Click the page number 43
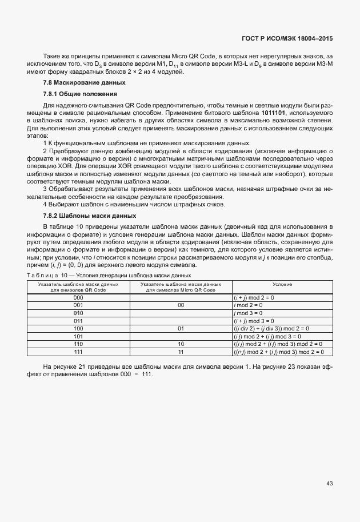coord(330,483)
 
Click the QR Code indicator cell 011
coord(78,321)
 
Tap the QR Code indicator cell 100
coord(78,329)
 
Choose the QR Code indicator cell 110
coord(78,344)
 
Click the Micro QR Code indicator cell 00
coord(181,306)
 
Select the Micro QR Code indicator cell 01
coord(181,329)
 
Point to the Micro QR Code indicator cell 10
coord(181,344)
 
